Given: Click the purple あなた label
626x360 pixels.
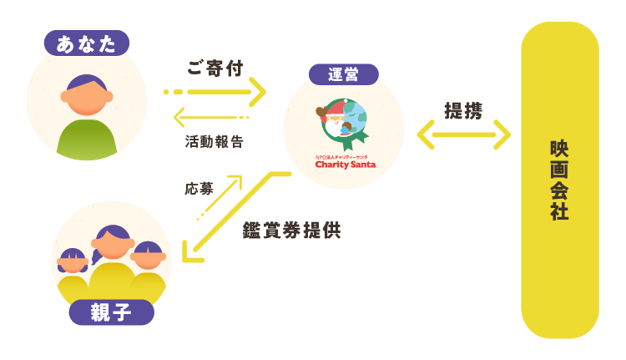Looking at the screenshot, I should [x=86, y=43].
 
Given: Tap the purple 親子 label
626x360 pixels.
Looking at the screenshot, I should [x=111, y=312].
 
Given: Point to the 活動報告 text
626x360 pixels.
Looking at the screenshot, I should [x=215, y=142].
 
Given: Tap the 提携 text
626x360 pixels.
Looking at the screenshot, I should [x=462, y=110].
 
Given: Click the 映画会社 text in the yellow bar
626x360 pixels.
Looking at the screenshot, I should [x=559, y=180].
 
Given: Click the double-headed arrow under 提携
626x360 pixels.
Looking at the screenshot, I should [x=463, y=134].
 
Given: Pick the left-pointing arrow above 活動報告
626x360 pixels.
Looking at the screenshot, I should [x=212, y=116].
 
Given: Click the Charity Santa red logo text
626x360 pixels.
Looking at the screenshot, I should [x=345, y=165].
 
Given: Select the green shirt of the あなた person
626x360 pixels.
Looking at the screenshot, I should [x=86, y=139].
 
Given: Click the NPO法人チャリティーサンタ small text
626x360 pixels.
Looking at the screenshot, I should [x=344, y=155].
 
